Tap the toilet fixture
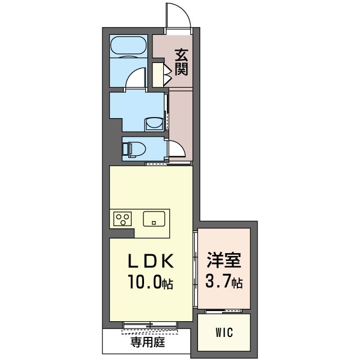click(134, 149)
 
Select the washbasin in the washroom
click(154, 124)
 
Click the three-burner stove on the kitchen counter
click(123, 219)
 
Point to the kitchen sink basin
click(154, 219)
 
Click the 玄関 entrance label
click(181, 62)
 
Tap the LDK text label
click(151, 261)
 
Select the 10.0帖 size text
click(151, 281)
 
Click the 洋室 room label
click(224, 260)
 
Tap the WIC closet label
click(224, 332)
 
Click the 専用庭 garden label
click(147, 343)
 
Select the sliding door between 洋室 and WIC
click(224, 311)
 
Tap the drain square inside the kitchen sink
click(154, 223)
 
